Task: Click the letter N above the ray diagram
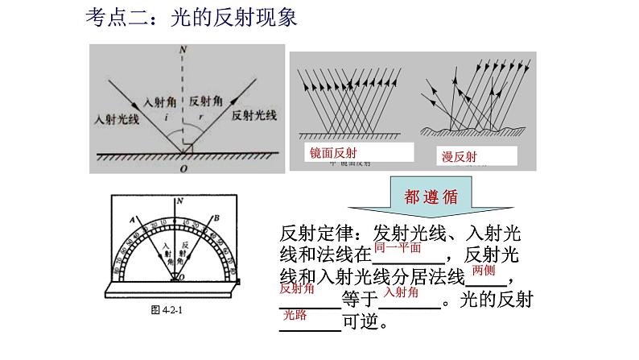pyautogui.click(x=184, y=50)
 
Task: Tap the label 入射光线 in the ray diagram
pyautogui.click(x=116, y=118)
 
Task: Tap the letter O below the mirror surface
pyautogui.click(x=184, y=169)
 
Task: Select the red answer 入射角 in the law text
pyautogui.click(x=402, y=292)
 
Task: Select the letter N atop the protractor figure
pyautogui.click(x=178, y=200)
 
